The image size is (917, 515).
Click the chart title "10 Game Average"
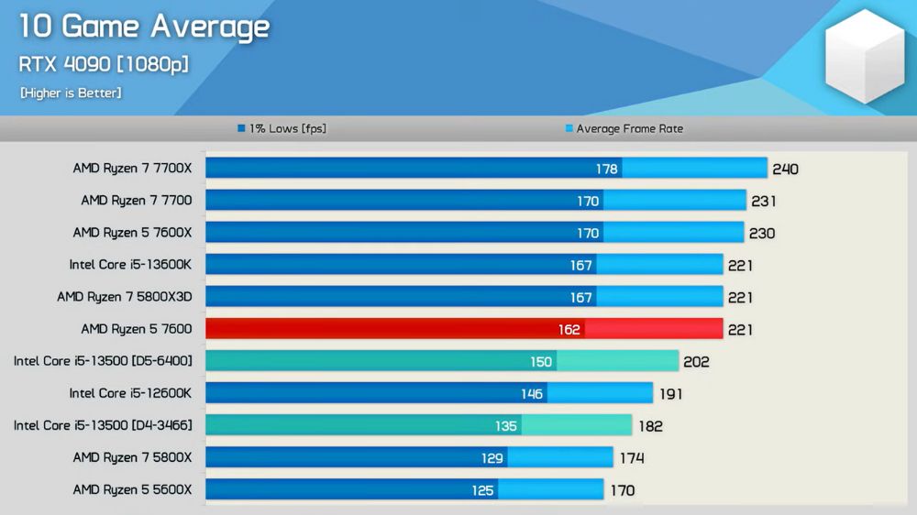tap(144, 27)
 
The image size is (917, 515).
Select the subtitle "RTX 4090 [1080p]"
tap(104, 65)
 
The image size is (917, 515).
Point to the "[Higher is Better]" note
tap(71, 93)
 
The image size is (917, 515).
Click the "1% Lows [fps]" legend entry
tap(282, 129)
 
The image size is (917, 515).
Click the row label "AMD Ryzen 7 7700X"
tap(132, 169)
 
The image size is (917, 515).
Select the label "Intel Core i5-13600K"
tap(130, 265)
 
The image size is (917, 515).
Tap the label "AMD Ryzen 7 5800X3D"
tap(124, 297)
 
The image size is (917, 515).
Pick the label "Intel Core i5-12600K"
tap(130, 393)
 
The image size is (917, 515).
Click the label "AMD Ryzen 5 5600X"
tap(132, 489)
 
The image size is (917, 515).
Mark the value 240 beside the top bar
tap(786, 170)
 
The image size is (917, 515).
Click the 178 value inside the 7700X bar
tap(606, 170)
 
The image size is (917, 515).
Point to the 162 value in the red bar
tap(569, 330)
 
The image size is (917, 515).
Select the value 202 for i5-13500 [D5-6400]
tap(696, 362)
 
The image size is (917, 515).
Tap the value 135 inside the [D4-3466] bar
tap(506, 426)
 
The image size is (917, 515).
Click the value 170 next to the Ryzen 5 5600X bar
tap(622, 490)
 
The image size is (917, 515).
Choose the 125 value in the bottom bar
tap(482, 490)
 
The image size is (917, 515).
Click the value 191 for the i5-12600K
tap(669, 394)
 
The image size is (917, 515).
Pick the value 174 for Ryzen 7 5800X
tap(631, 458)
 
